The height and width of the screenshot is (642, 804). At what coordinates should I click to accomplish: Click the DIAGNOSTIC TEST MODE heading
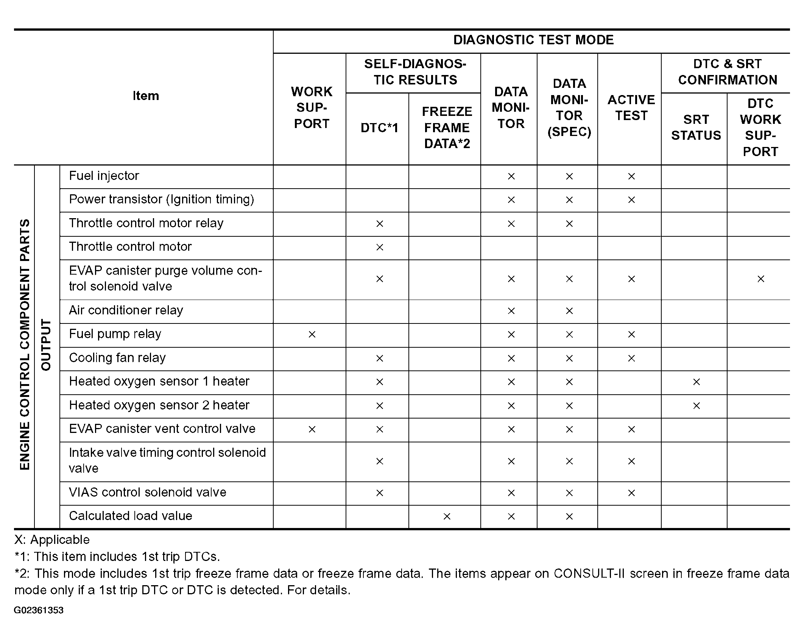[533, 40]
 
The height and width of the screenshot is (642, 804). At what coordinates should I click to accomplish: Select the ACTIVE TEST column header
[631, 108]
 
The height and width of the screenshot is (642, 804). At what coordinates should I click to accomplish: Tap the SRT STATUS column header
[696, 127]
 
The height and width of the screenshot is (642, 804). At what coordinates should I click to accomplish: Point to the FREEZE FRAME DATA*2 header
[447, 128]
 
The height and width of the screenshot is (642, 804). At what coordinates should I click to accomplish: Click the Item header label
[146, 96]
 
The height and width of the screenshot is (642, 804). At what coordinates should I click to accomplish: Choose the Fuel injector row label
[104, 176]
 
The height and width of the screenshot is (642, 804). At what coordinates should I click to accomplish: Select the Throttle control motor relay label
[146, 223]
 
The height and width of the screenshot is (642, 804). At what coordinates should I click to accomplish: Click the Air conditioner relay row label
[126, 310]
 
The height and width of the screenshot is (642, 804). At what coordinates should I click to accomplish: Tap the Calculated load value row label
[131, 516]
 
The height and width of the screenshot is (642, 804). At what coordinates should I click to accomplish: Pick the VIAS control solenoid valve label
[148, 492]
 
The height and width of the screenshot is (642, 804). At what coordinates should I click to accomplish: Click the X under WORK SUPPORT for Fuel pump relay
[312, 334]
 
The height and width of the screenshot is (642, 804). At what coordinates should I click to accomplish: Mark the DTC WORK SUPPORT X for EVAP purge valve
[761, 279]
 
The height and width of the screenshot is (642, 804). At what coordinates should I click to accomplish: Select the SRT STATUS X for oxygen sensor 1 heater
[696, 382]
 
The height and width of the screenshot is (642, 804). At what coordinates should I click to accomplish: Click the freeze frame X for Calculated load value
[447, 516]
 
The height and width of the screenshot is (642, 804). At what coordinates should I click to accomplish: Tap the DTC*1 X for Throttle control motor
[380, 247]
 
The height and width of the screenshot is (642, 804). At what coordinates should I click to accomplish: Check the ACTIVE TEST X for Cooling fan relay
[631, 358]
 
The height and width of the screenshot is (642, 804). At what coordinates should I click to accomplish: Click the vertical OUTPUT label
[46, 345]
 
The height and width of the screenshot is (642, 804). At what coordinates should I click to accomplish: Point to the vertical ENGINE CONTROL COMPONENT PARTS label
[25, 345]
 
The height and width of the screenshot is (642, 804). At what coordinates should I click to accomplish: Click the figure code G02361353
[39, 610]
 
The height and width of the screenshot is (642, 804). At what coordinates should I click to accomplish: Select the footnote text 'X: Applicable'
[52, 540]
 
